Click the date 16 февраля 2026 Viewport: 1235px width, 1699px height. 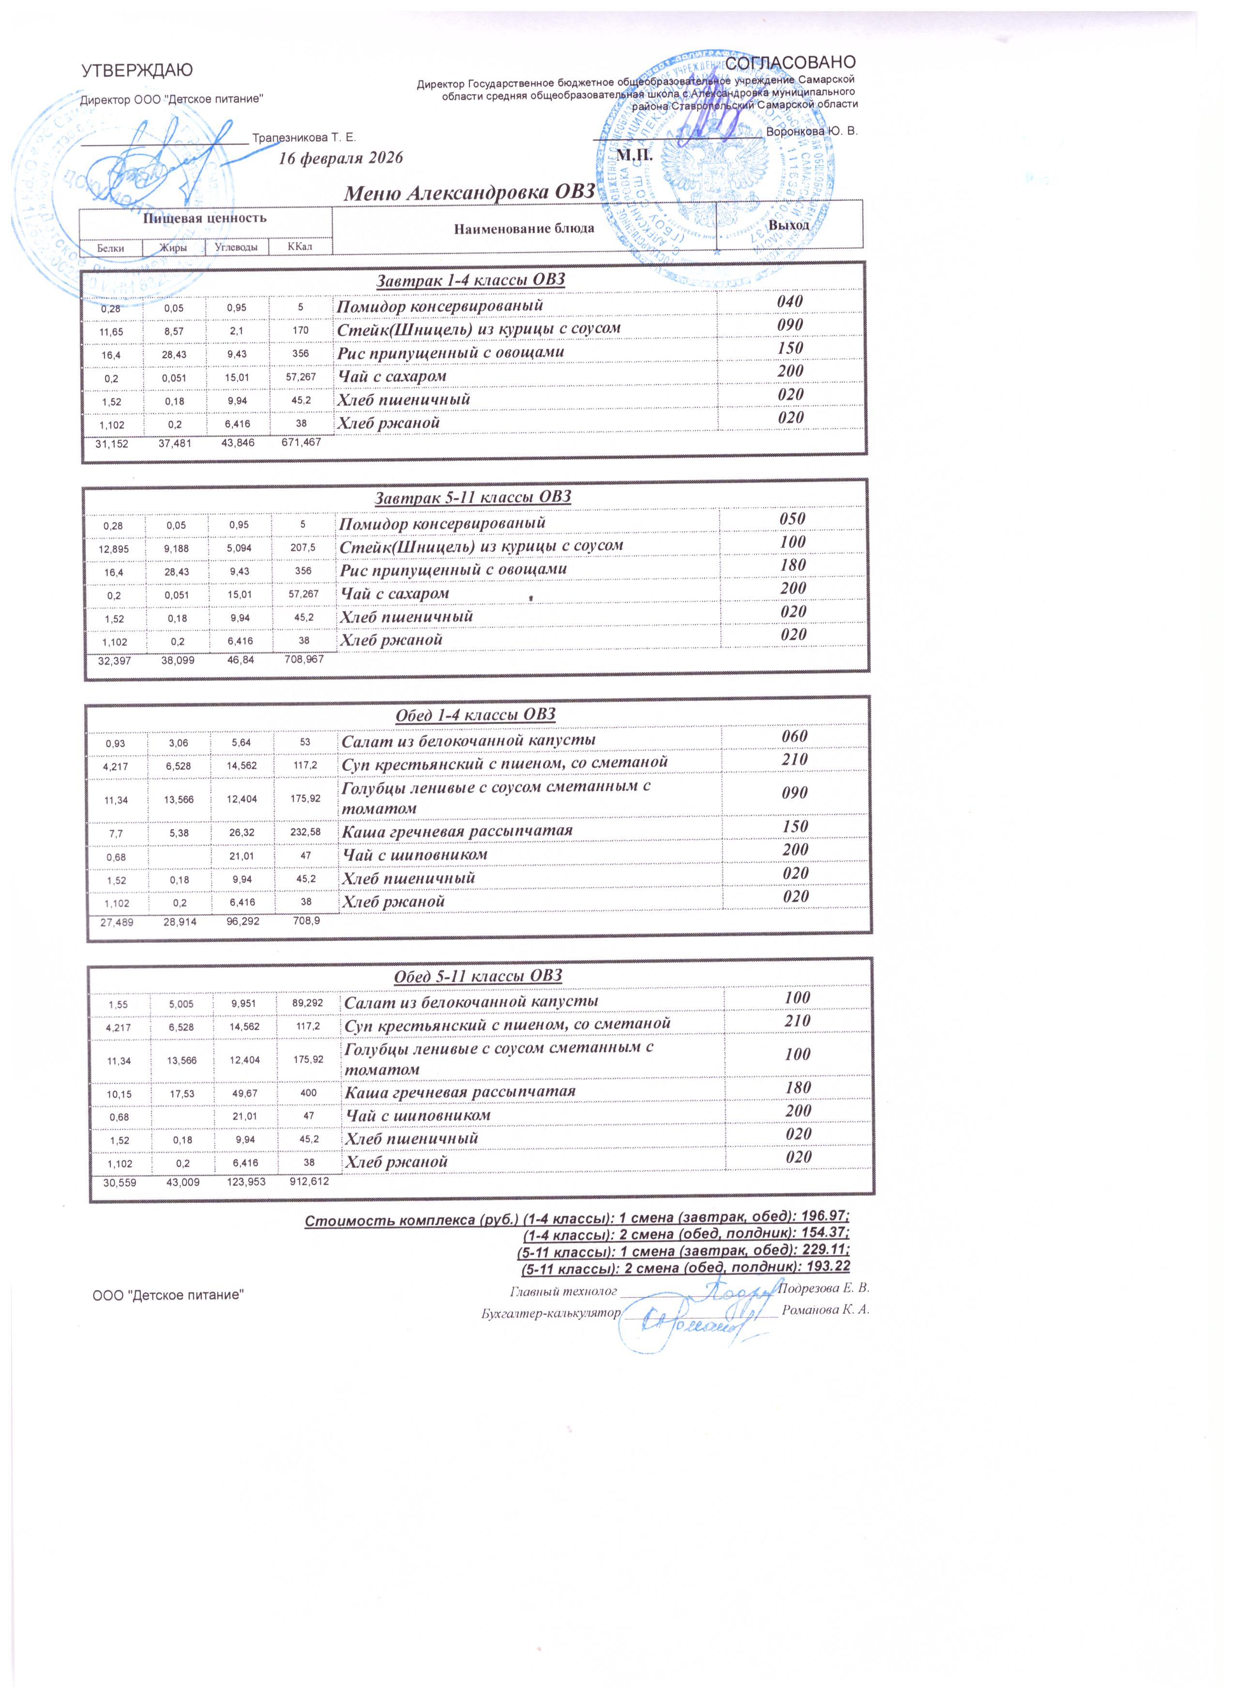[x=341, y=158]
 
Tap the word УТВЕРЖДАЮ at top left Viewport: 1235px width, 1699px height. [x=136, y=70]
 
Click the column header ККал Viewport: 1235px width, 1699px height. [x=301, y=246]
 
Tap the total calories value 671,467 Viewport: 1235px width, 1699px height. [x=301, y=443]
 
